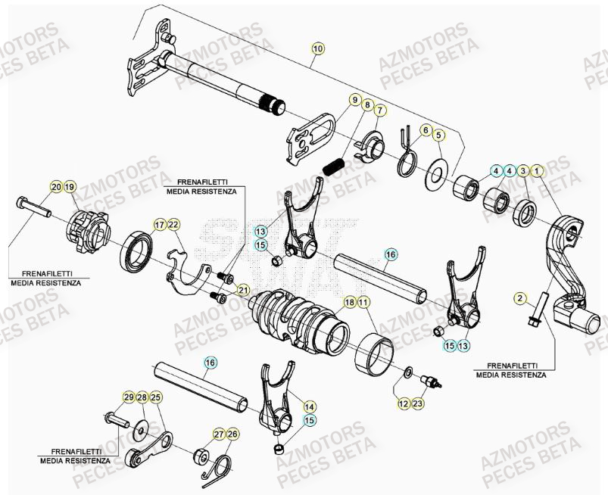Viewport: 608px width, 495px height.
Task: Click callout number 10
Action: click(x=317, y=48)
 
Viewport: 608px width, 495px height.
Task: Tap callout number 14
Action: click(x=309, y=405)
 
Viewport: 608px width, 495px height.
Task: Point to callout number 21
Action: click(x=243, y=291)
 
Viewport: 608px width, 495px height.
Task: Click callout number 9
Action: click(x=354, y=100)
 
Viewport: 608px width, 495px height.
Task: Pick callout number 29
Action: click(x=129, y=397)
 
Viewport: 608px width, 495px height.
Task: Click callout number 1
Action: click(x=537, y=171)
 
